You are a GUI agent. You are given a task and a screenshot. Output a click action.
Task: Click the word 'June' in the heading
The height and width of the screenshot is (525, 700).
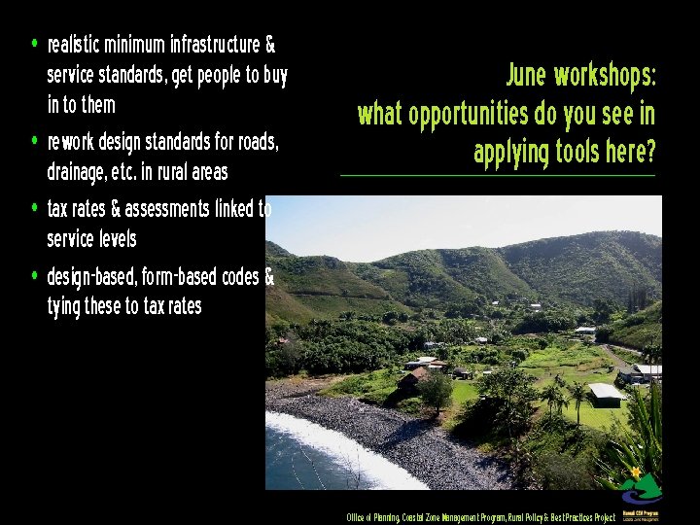click(x=526, y=76)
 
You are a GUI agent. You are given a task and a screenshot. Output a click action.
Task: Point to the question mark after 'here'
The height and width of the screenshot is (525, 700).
click(x=649, y=153)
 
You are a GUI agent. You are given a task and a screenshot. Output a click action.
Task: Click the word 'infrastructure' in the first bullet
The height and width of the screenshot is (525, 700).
click(x=214, y=46)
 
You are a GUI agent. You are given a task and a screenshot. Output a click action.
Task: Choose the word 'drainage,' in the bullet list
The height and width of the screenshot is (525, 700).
click(x=77, y=173)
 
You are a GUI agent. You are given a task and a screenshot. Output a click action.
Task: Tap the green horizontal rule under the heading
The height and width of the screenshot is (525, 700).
click(x=498, y=176)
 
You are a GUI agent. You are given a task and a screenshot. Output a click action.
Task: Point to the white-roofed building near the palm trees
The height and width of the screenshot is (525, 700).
click(x=606, y=393)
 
